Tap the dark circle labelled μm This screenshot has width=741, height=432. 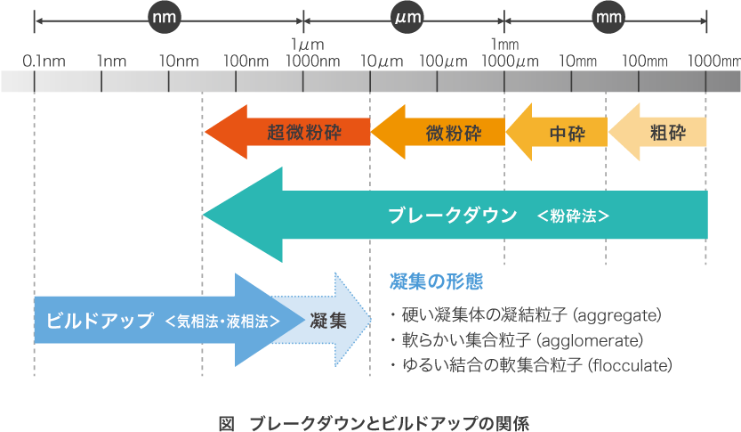coord(407,17)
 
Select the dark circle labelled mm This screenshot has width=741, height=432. coord(608,17)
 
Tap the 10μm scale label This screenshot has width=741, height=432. coord(380,61)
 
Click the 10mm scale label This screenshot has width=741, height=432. coord(577,61)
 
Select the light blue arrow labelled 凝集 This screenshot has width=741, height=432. coord(328,321)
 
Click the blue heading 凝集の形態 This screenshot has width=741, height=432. coord(437,282)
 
